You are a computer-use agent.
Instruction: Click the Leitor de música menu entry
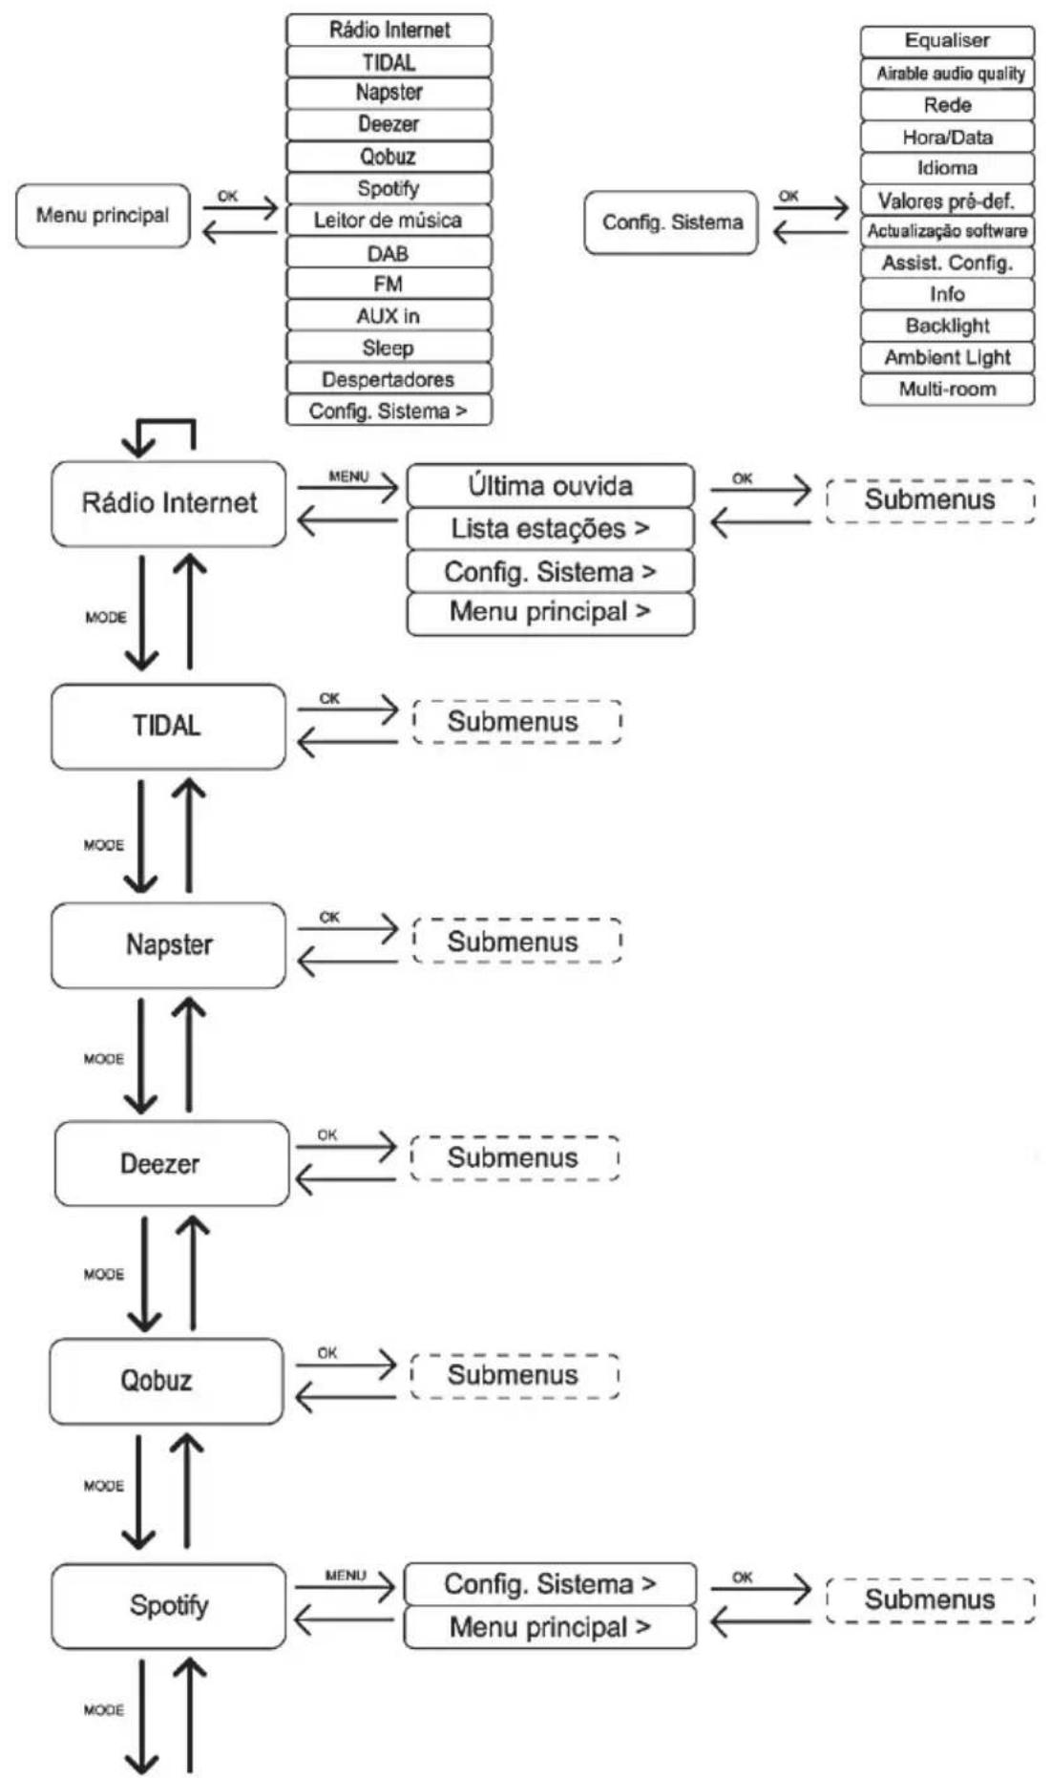tap(389, 221)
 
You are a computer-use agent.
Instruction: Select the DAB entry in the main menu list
tap(389, 253)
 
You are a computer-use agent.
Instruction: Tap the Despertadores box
tap(389, 379)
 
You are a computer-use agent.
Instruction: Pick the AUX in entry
tap(389, 316)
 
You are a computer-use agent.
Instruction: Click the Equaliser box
tap(947, 41)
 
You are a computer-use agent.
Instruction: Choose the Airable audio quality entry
tap(947, 73)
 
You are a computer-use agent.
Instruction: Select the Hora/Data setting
tap(947, 137)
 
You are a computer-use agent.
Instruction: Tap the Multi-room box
tap(947, 389)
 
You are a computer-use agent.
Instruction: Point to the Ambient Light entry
tap(947, 357)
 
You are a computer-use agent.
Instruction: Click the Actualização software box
tap(947, 231)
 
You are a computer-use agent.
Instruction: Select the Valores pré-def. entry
tap(947, 201)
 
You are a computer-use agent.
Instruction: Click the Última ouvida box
tap(551, 486)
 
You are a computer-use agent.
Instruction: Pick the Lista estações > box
tap(551, 528)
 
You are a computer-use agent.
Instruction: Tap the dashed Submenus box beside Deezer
tap(515, 1158)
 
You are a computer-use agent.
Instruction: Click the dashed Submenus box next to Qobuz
tap(515, 1375)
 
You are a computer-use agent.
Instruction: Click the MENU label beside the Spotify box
tap(346, 1575)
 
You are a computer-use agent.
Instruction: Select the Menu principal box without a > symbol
tap(103, 216)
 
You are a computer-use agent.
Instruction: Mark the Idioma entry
tap(947, 168)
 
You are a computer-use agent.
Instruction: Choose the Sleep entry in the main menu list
tap(389, 348)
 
